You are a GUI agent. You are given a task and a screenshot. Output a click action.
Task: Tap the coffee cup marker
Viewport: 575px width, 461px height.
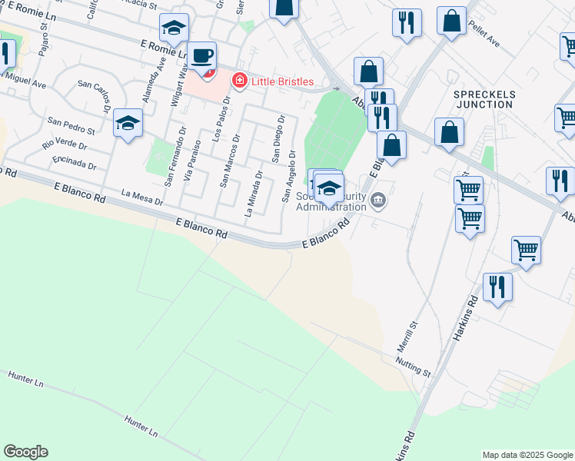pos(202,56)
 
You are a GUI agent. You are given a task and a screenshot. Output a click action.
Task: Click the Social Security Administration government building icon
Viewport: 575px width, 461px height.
pos(377,201)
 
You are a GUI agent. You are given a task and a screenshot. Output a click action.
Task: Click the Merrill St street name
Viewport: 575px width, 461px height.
pos(407,337)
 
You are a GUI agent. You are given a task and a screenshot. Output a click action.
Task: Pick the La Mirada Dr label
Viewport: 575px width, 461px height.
pos(254,194)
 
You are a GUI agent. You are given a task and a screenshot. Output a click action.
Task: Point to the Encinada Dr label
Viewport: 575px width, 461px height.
pos(74,162)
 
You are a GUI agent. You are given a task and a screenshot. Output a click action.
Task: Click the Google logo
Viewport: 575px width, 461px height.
pos(25,452)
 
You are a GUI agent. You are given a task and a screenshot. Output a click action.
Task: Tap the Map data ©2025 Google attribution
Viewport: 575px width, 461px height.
pos(527,455)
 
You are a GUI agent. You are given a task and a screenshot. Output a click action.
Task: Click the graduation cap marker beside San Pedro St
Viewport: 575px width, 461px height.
pos(128,123)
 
